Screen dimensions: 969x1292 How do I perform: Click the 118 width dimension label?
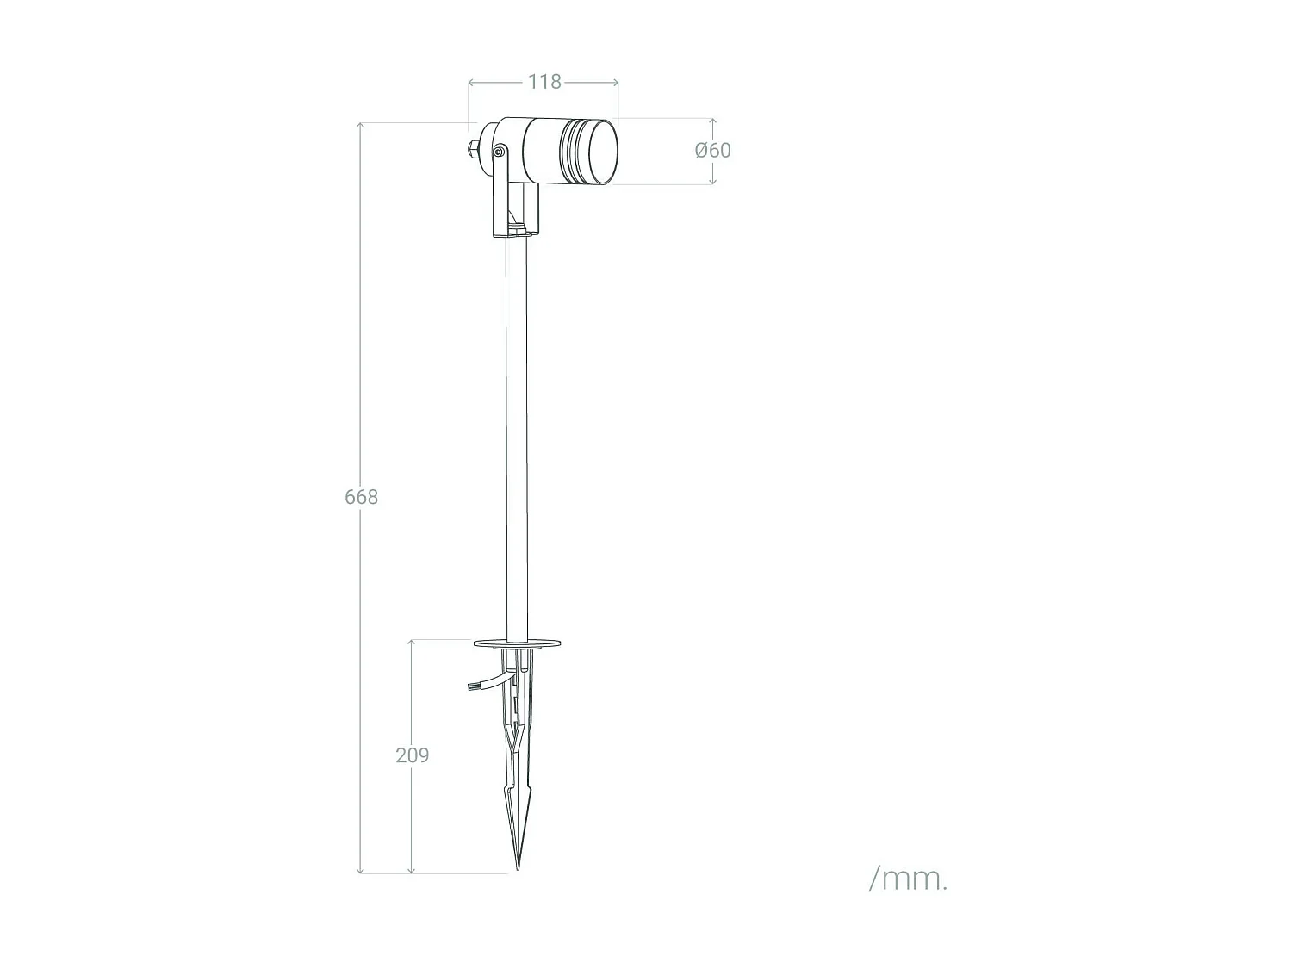tap(544, 82)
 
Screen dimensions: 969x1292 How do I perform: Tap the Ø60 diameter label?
tap(713, 150)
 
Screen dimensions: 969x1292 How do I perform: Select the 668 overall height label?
tap(361, 497)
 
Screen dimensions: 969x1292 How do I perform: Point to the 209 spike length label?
tap(412, 755)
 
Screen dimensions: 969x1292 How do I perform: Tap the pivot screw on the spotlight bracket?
tap(499, 152)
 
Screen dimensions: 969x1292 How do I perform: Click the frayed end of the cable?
tap(470, 687)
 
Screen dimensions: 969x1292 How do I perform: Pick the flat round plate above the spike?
tap(517, 642)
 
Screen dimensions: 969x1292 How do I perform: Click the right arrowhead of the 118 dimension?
tap(616, 83)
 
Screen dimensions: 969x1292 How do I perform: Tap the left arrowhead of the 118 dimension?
tap(471, 83)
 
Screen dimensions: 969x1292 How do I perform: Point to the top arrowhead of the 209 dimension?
tap(412, 643)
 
